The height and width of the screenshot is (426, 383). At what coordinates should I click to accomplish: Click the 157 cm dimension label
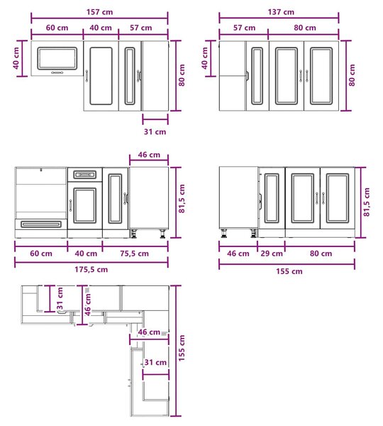pos(99,12)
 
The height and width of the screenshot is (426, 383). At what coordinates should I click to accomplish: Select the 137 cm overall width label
pos(281,12)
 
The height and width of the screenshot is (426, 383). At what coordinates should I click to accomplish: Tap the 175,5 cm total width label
pos(91,270)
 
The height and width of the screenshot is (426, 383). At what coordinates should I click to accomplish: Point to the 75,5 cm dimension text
pos(134,253)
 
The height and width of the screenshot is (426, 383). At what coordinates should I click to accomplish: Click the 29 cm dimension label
pos(272,253)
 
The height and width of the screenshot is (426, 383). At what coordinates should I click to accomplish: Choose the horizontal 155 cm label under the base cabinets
pos(289,271)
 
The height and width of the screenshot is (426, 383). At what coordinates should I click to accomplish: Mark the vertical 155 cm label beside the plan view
pos(182,348)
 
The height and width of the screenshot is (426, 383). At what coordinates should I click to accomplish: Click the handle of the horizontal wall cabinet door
pos(57,72)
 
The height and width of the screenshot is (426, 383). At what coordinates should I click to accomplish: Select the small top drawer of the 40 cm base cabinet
pos(84,175)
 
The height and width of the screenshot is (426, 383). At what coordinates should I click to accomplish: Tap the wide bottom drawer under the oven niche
pos(41,224)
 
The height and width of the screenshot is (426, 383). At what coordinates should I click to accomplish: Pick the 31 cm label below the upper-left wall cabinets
pos(155,132)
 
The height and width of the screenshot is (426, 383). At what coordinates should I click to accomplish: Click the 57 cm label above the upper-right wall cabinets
pos(244,28)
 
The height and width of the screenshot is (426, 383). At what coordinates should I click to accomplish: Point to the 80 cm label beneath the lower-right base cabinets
pos(321,253)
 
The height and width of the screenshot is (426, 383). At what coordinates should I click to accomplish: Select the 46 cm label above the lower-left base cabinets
pos(149,155)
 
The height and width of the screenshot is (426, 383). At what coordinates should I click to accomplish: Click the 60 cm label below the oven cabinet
pos(41,253)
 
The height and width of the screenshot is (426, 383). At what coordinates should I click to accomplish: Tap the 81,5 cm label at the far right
pos(367,202)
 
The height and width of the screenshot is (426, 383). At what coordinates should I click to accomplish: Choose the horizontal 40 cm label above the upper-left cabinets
pos(101,28)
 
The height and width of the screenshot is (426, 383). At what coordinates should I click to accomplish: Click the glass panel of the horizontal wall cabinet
pos(57,58)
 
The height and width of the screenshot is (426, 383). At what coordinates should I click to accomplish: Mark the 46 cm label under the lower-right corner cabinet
pos(238,253)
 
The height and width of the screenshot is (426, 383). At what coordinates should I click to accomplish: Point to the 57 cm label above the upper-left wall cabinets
pos(141,28)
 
